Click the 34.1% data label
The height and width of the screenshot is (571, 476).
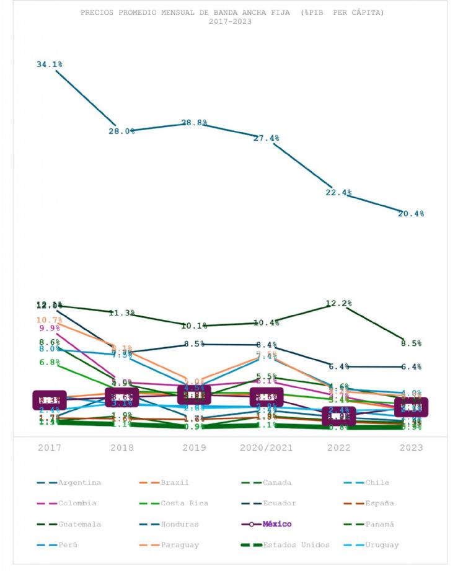click(x=50, y=64)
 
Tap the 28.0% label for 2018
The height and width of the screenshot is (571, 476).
click(x=122, y=131)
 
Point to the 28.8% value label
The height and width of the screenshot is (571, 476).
click(x=194, y=123)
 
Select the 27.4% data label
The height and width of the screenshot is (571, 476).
click(x=267, y=138)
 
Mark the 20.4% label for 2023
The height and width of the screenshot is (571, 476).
click(x=411, y=214)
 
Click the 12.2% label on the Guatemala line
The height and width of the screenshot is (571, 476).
click(x=339, y=304)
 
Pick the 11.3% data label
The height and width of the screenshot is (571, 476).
click(x=122, y=313)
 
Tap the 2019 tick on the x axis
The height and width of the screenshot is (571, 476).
click(x=194, y=448)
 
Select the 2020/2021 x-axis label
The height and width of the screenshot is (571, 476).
click(x=267, y=448)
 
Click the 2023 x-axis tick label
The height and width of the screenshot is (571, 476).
click(x=411, y=448)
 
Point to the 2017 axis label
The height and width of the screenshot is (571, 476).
click(x=50, y=448)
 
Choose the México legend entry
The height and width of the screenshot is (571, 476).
click(x=277, y=525)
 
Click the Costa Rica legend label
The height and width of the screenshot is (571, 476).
click(x=185, y=503)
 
